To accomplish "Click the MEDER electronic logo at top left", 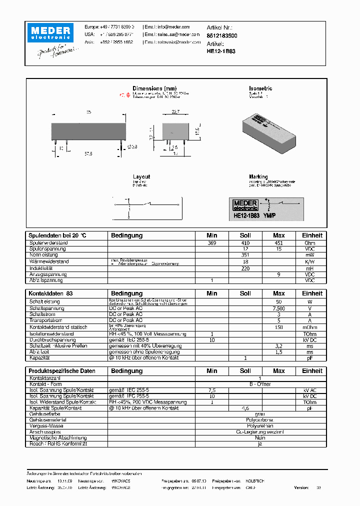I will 51,32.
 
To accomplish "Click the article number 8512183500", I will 222,36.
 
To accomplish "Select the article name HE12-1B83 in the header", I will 221,51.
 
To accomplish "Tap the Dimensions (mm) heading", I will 154,88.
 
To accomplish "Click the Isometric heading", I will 260,88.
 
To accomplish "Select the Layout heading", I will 141,177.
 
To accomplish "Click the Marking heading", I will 258,177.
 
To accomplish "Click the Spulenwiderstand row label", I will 48,243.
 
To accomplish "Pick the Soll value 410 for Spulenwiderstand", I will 245,243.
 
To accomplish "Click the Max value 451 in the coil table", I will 278,243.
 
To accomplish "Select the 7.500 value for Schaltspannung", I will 278,308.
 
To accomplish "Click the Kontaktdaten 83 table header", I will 50,293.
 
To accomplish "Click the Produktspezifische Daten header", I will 61,371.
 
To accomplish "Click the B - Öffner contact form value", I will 260,384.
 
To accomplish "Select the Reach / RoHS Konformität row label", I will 58,443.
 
